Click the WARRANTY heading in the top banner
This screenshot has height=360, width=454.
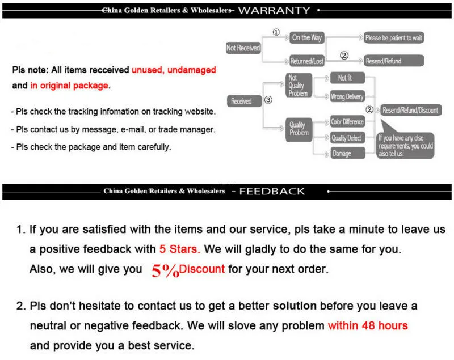[274, 10]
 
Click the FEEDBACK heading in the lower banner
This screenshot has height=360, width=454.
[272, 191]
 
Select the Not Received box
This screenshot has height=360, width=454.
[243, 48]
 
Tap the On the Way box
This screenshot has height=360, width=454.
[306, 37]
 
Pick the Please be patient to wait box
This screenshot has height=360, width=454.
[394, 38]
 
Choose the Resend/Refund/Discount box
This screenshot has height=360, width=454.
[410, 110]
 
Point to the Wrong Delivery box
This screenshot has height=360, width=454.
[347, 96]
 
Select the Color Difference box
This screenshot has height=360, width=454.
[347, 121]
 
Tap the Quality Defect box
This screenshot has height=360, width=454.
[346, 137]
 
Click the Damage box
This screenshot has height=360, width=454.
[342, 153]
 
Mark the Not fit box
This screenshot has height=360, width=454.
[345, 78]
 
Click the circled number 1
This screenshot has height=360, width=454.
[276, 32]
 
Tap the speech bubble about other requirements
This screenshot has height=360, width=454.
[406, 145]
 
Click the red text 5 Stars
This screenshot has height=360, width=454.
[179, 249]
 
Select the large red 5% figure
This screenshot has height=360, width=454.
[165, 270]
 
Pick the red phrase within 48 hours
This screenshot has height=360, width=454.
[368, 326]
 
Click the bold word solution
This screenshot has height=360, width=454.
[295, 306]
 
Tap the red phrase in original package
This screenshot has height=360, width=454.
[69, 86]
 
